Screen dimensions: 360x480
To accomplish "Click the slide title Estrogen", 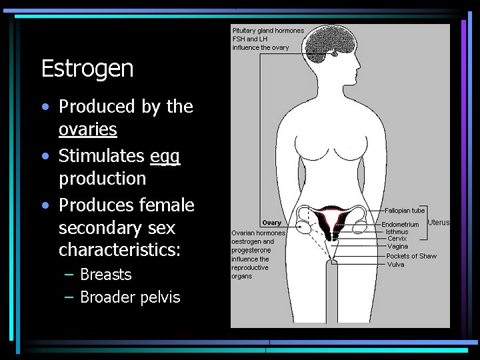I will pos(87,68).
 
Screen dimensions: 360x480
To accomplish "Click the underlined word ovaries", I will pos(87,129).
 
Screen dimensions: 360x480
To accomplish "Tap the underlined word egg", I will pos(165,156).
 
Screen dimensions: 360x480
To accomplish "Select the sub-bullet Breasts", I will pos(105,275).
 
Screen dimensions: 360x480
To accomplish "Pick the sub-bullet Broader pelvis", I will pos(130,297).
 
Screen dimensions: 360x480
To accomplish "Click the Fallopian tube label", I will pos(405,211).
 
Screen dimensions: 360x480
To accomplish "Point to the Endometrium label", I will pos(400,225).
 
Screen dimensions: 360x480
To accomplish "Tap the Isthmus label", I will pos(397,232).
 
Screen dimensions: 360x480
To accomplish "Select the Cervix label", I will pos(397,239).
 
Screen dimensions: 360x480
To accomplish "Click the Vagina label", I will pos(397,247).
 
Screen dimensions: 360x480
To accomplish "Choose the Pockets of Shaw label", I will pos(412,256).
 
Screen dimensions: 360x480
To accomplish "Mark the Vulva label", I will pos(395,265).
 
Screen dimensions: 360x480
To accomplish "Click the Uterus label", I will pos(439,223).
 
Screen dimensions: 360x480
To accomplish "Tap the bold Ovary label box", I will pos(271,223).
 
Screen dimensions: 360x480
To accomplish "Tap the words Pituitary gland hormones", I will pos(267,30).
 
